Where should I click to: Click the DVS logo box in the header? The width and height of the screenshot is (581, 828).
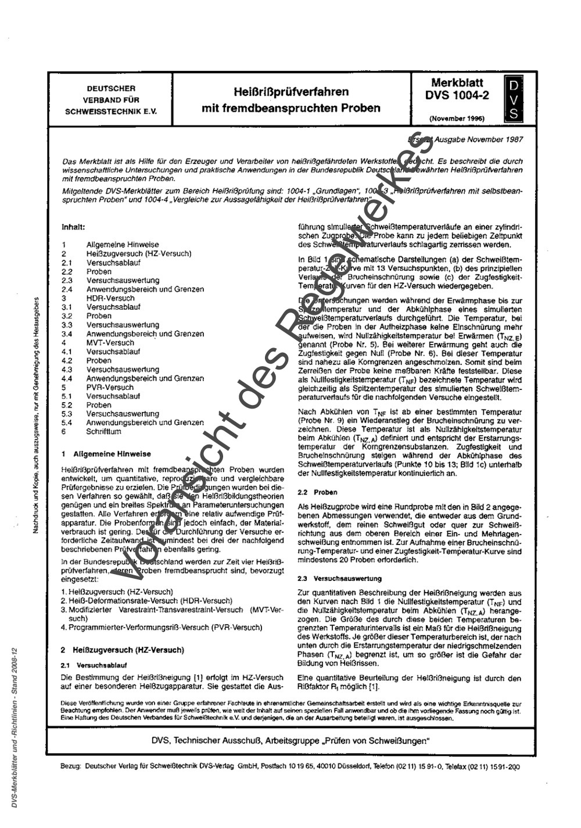coord(513,100)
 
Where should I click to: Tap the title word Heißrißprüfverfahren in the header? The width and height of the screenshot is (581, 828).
coord(291,92)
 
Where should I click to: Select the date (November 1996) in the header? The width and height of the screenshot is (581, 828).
coord(457,118)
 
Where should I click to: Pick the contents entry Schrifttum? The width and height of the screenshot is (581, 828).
coord(104,432)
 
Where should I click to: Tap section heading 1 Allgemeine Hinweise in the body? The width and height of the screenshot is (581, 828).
coord(106,454)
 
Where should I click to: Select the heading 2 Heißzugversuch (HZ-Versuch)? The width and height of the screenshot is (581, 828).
coord(123,650)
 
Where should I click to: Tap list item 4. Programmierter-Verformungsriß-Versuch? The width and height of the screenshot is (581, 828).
coord(162,628)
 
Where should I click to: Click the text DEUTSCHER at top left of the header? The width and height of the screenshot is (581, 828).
coord(111,89)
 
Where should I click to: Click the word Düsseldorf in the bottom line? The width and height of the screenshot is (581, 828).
coord(350,766)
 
